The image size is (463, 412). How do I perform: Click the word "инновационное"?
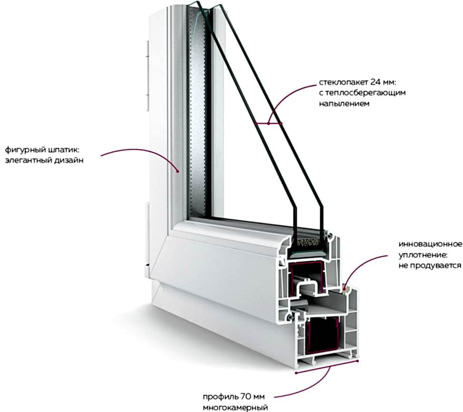[x=430, y=244]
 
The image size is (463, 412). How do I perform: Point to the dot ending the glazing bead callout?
[x=178, y=170]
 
